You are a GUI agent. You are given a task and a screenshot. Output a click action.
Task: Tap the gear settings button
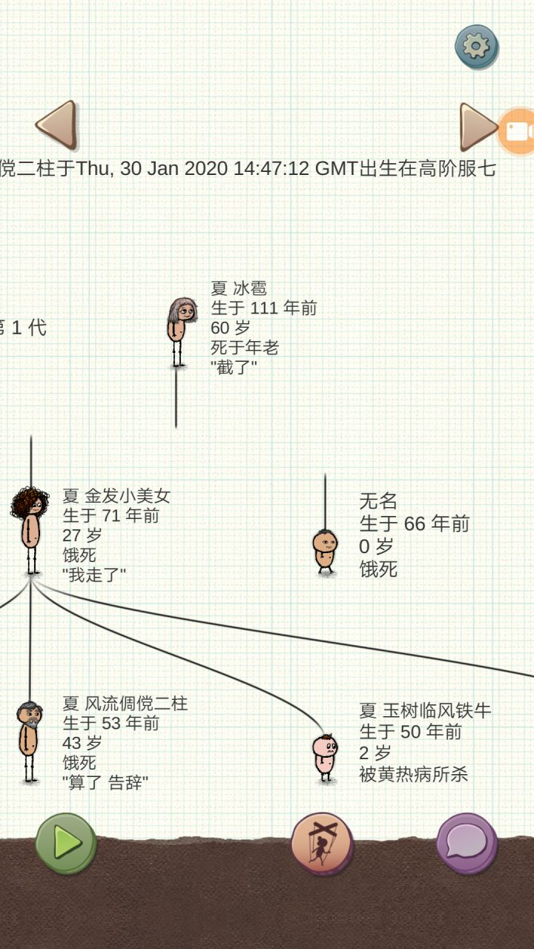coord(476,47)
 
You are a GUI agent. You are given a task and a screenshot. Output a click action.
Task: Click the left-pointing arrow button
coord(57,125)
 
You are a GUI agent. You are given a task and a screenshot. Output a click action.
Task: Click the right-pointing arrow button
coord(478,127)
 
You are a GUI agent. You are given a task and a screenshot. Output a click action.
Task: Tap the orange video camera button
coord(518,131)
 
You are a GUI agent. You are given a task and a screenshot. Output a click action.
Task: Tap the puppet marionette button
coord(322,843)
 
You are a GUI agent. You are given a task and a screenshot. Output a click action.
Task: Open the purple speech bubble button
coord(467,843)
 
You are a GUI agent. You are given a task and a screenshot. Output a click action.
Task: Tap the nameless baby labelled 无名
coord(325,552)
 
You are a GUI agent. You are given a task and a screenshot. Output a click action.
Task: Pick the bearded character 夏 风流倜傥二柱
coord(29,742)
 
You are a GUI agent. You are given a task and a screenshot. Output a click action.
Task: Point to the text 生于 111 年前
coord(263,308)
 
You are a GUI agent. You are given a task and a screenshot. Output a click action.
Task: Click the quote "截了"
coord(234,367)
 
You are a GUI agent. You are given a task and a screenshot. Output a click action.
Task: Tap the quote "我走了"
coord(94,575)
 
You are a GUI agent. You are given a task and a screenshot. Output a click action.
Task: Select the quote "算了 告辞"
coord(105,782)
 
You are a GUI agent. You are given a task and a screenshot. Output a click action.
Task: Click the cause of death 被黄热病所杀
coord(414,775)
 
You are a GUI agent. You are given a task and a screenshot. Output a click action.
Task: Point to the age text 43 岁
coord(82,743)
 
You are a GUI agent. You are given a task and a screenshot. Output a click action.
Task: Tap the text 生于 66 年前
coord(415,523)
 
